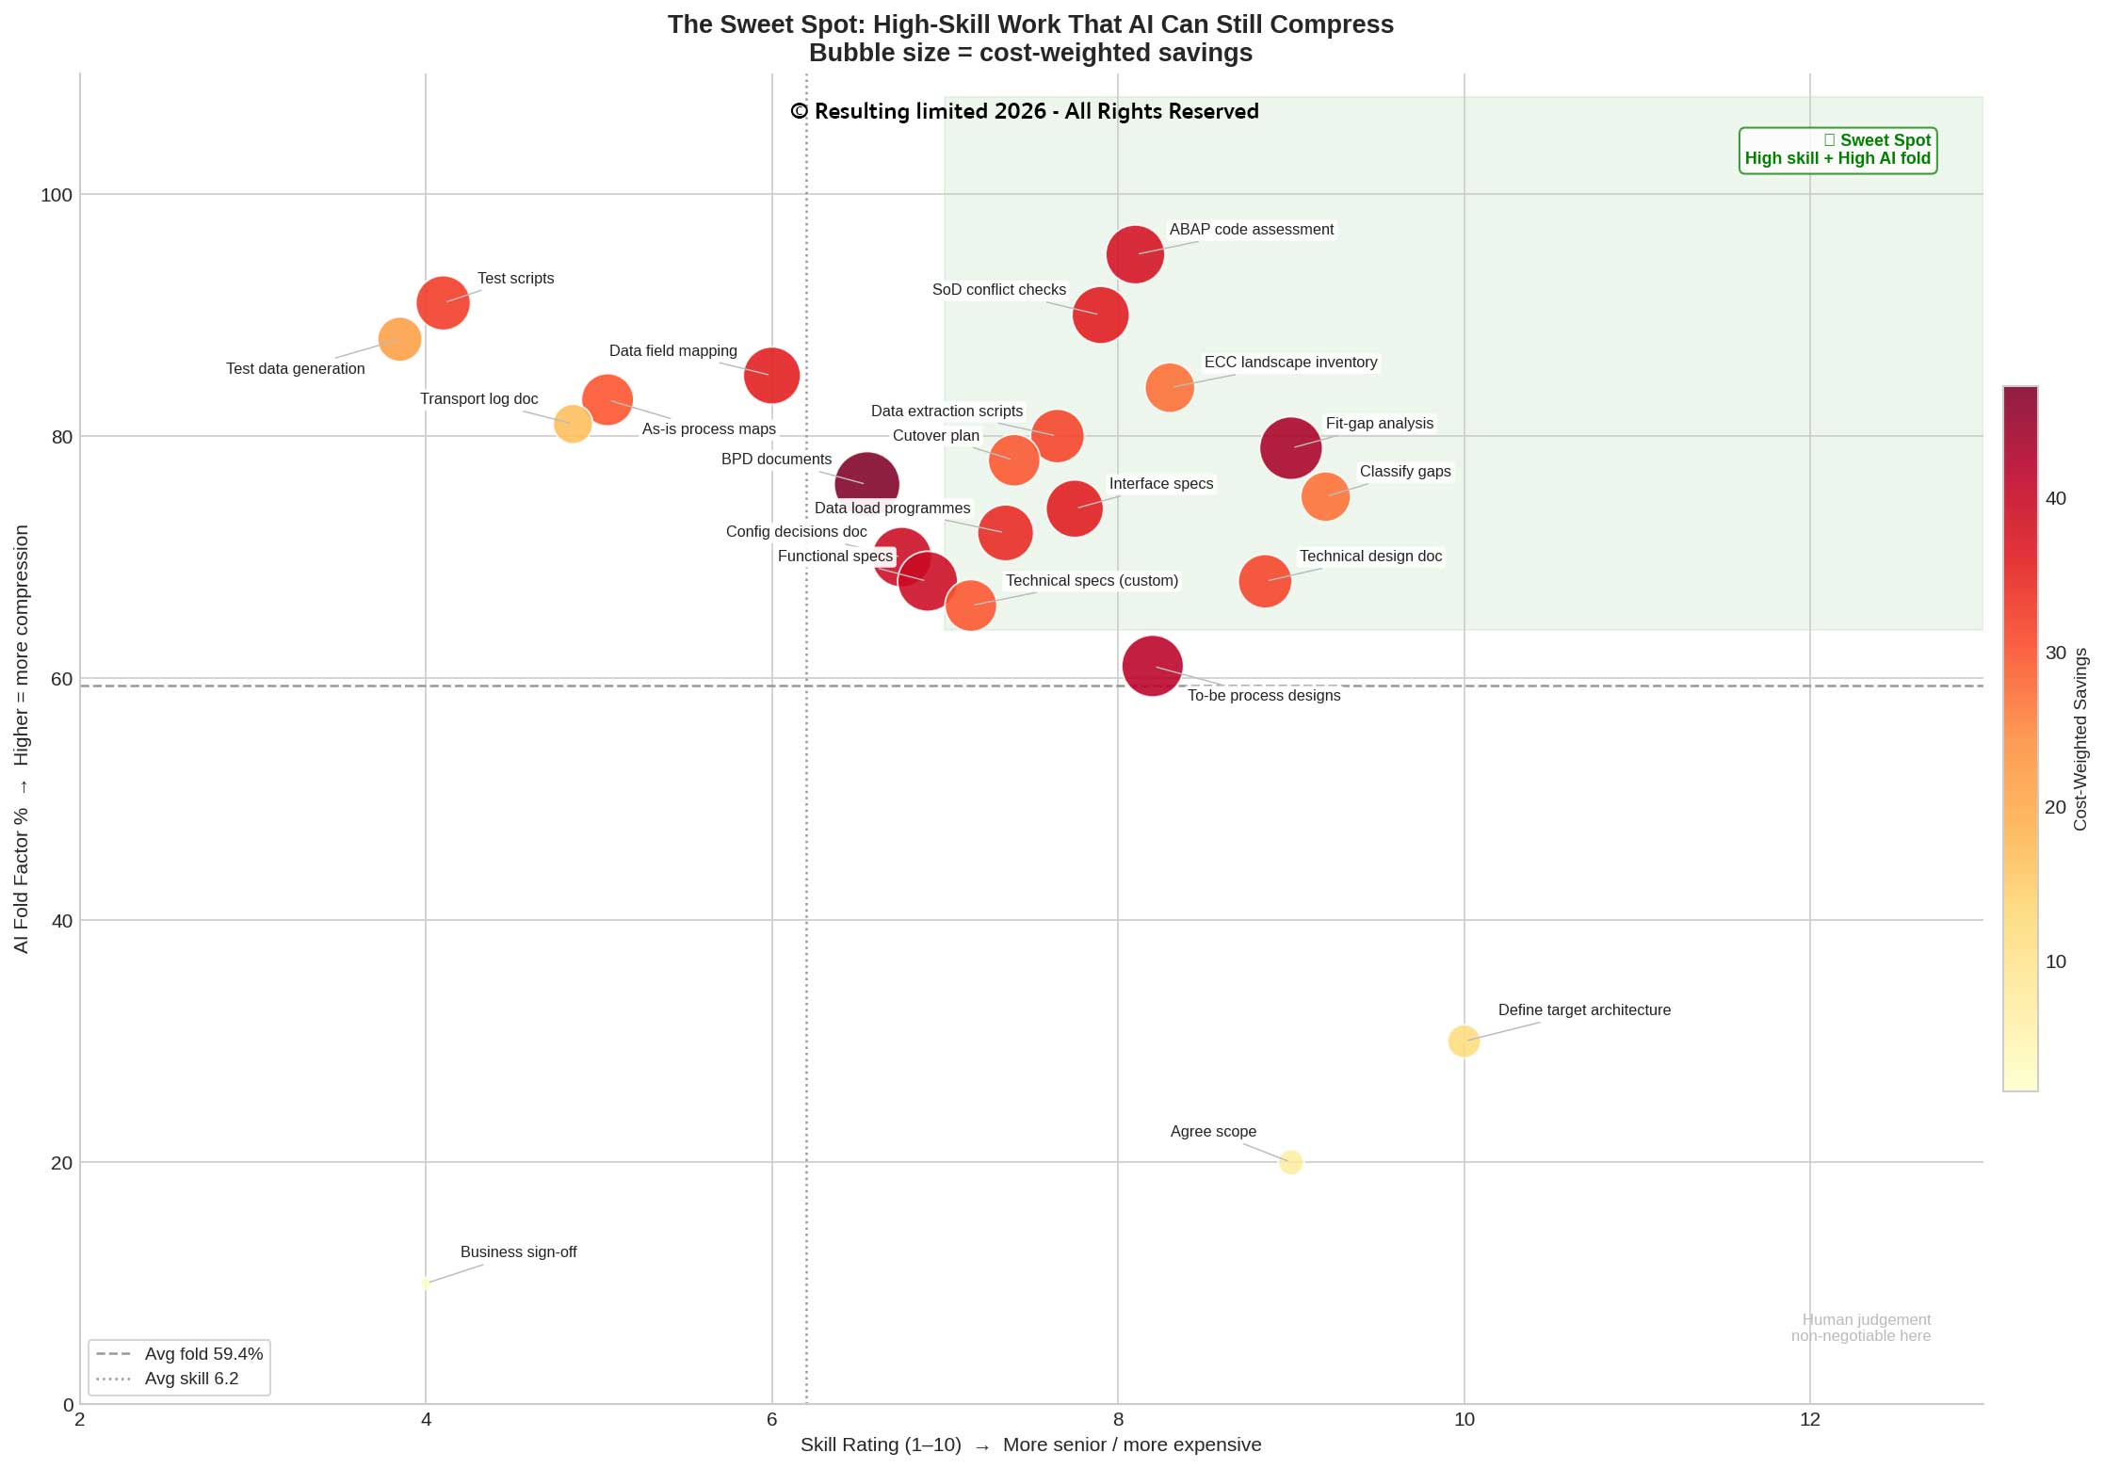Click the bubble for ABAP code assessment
tap(1135, 254)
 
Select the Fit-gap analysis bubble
tap(1290, 448)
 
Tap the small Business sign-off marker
tap(426, 1283)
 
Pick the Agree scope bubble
tap(1290, 1162)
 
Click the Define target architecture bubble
tap(1463, 1041)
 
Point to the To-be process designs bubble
tap(1152, 666)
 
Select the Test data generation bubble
tap(399, 339)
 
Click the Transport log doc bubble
tap(573, 424)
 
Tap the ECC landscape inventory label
tap(1290, 363)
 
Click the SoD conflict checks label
tap(998, 290)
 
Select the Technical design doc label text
tap(1370, 557)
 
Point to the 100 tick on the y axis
tap(57, 195)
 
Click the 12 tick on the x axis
tap(1809, 1419)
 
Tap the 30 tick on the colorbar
tap(2055, 653)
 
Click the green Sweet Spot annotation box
tap(1837, 150)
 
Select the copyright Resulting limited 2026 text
tap(1024, 111)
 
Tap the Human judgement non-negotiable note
tap(1860, 1328)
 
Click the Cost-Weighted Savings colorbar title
tap(2080, 739)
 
